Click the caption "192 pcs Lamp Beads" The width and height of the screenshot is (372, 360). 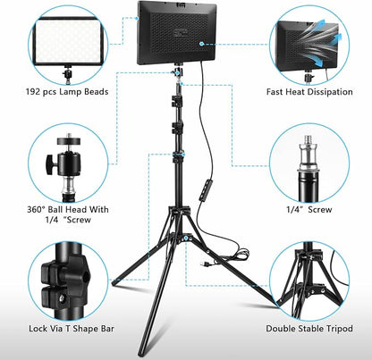coord(67,91)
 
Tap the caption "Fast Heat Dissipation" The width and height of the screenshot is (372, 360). coord(309,92)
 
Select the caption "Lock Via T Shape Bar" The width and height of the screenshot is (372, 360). coord(72,329)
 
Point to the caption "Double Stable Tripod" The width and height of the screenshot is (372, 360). coord(309,329)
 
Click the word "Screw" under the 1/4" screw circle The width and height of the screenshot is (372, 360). coord(320,210)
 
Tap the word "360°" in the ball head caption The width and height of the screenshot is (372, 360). coord(36,210)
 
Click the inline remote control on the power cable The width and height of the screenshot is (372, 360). coord(205,190)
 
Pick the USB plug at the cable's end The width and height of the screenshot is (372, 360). coord(205,264)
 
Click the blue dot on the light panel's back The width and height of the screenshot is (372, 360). coord(201,44)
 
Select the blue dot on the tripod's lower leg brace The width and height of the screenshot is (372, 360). coord(186,238)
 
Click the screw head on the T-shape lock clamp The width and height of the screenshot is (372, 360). coord(63,298)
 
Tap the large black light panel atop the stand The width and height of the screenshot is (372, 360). coord(176,33)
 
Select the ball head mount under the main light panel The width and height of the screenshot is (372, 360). coord(178,72)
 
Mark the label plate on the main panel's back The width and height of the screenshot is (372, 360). coord(182,33)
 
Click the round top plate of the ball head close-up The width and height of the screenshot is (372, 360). coord(69,141)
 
